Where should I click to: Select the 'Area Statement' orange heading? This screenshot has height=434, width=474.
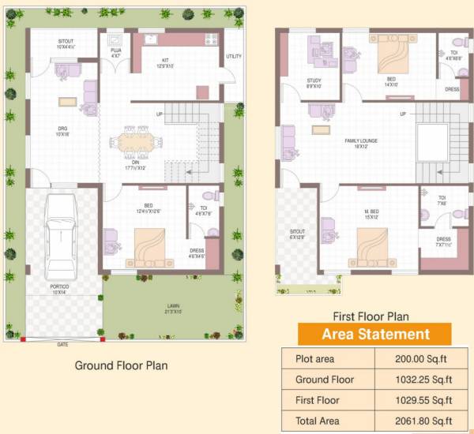tap(374, 335)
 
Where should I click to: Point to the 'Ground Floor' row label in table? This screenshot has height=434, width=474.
tap(324, 380)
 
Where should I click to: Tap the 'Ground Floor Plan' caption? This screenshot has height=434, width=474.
tap(121, 366)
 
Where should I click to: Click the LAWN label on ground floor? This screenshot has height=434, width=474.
tap(171, 305)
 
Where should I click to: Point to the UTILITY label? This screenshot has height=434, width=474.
tap(234, 57)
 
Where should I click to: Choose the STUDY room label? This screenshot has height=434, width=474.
tap(314, 80)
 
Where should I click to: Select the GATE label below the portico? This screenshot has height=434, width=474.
tap(62, 345)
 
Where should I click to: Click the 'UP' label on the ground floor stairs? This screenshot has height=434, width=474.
tap(160, 115)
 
